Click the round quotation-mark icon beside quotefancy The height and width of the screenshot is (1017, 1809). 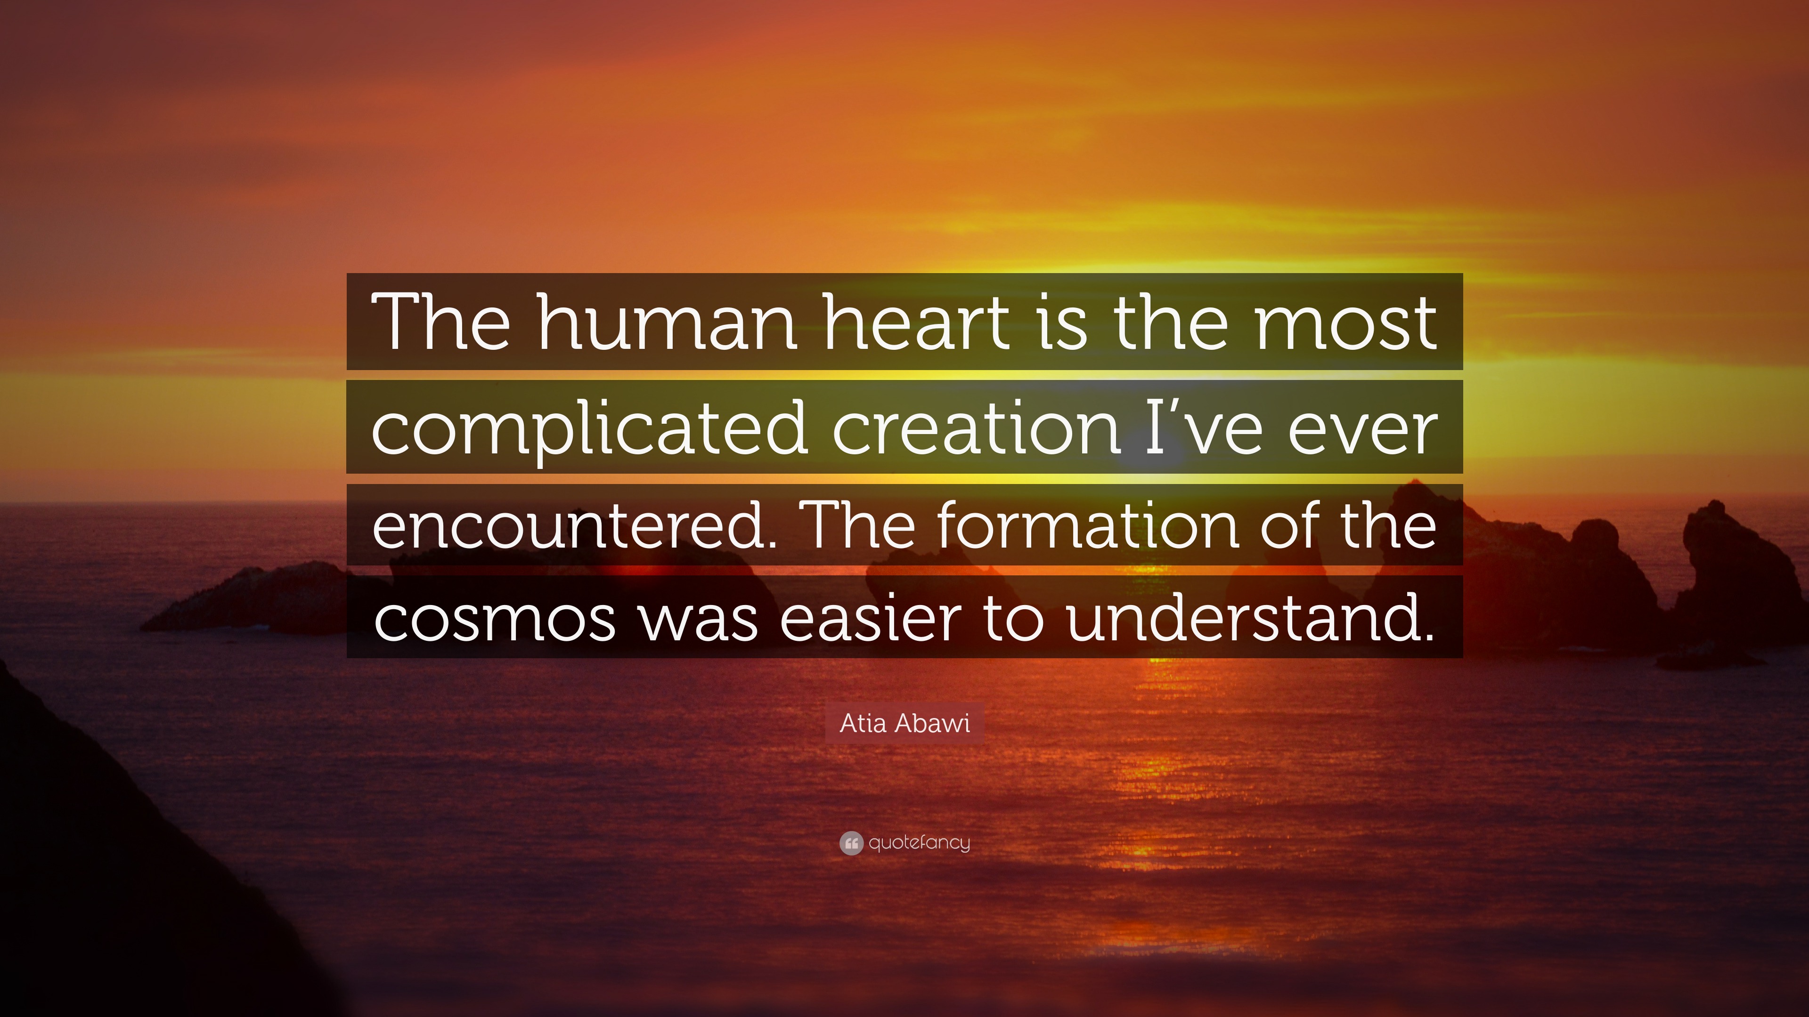(x=850, y=843)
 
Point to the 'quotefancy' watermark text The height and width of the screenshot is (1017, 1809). (x=919, y=843)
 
